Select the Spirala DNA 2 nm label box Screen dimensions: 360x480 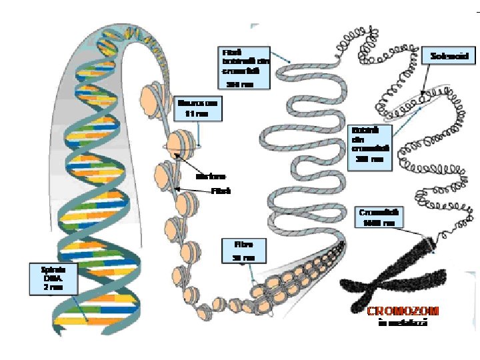tap(53, 278)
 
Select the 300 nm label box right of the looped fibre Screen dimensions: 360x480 tap(369, 144)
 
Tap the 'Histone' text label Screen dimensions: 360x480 tap(211, 177)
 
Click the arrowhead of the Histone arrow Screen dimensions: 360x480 tap(177, 155)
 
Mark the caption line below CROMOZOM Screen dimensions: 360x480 tap(402, 323)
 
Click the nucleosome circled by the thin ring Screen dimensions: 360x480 tap(181, 143)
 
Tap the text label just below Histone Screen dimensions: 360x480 tap(221, 191)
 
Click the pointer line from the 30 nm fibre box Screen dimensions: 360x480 tap(249, 273)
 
